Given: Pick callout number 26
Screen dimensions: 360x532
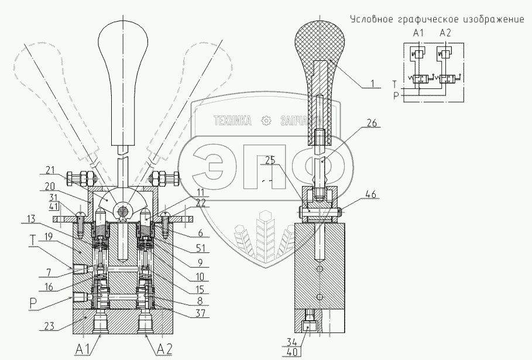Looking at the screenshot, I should (372, 124).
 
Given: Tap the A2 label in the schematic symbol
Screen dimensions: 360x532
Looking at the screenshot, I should (447, 33).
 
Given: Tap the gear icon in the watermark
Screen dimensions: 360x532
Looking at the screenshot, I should (267, 121).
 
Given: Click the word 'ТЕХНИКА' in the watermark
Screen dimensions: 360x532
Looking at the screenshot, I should (233, 121).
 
